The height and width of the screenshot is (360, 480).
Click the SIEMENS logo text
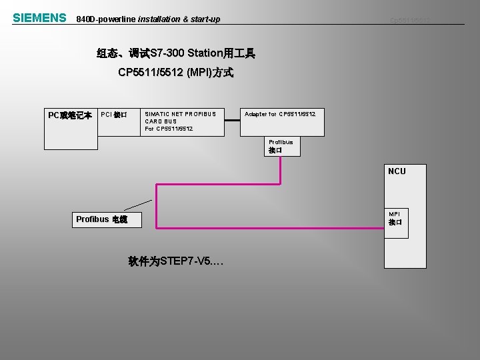click(x=39, y=18)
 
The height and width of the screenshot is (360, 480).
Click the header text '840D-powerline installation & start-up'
click(x=148, y=19)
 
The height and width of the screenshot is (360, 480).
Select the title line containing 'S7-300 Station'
click(x=175, y=53)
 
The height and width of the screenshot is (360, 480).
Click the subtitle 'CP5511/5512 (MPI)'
click(x=175, y=73)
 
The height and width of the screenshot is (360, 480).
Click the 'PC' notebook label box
click(x=70, y=115)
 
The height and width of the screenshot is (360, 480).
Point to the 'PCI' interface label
click(x=113, y=115)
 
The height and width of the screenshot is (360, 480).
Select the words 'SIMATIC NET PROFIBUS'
click(x=180, y=114)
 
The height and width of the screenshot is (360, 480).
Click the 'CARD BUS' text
click(x=160, y=121)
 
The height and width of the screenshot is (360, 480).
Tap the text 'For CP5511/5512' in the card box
click(x=169, y=129)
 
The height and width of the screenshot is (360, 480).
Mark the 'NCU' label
click(x=396, y=171)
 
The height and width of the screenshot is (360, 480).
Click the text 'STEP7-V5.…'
click(x=176, y=262)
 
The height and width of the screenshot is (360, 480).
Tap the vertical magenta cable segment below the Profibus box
click(x=281, y=169)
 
